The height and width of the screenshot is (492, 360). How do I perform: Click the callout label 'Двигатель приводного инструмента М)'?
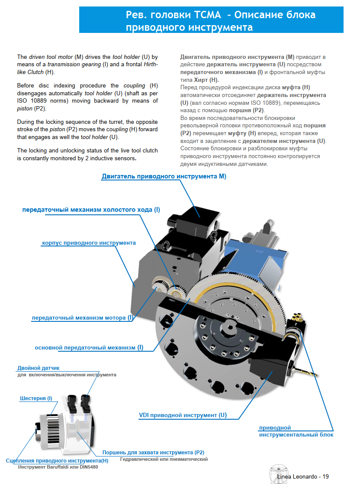tap(164, 176)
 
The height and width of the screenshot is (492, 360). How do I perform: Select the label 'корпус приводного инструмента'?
tap(89, 243)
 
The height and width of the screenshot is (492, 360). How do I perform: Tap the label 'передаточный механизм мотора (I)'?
tap(82, 317)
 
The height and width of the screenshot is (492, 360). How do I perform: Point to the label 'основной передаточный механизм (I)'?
tap(89, 347)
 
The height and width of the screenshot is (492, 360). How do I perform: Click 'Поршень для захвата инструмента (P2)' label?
tap(153, 452)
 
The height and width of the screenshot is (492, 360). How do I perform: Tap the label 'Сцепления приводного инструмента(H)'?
tap(57, 460)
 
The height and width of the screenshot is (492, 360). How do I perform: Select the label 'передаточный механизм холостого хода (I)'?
tap(91, 210)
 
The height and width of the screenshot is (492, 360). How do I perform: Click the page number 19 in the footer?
tap(325, 476)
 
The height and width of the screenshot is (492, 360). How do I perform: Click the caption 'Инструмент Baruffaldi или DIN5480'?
tap(58, 467)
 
